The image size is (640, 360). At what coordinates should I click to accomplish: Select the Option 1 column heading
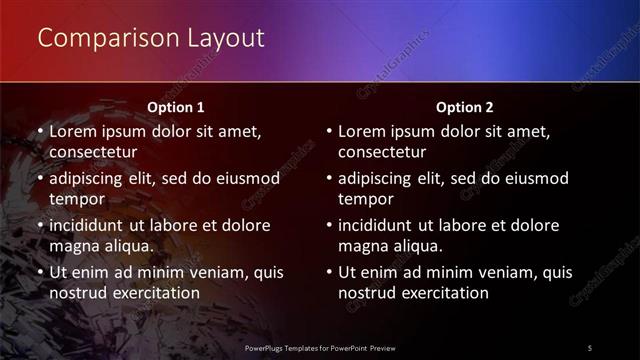176,106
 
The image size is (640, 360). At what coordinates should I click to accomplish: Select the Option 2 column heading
465,106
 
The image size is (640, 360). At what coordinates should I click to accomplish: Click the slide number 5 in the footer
589,347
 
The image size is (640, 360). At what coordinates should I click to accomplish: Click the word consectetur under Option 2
382,153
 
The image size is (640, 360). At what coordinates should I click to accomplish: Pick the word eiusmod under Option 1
246,178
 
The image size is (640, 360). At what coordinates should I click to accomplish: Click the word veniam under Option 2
506,271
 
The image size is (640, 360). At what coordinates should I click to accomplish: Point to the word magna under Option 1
75,246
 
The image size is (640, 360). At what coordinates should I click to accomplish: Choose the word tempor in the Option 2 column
365,199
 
